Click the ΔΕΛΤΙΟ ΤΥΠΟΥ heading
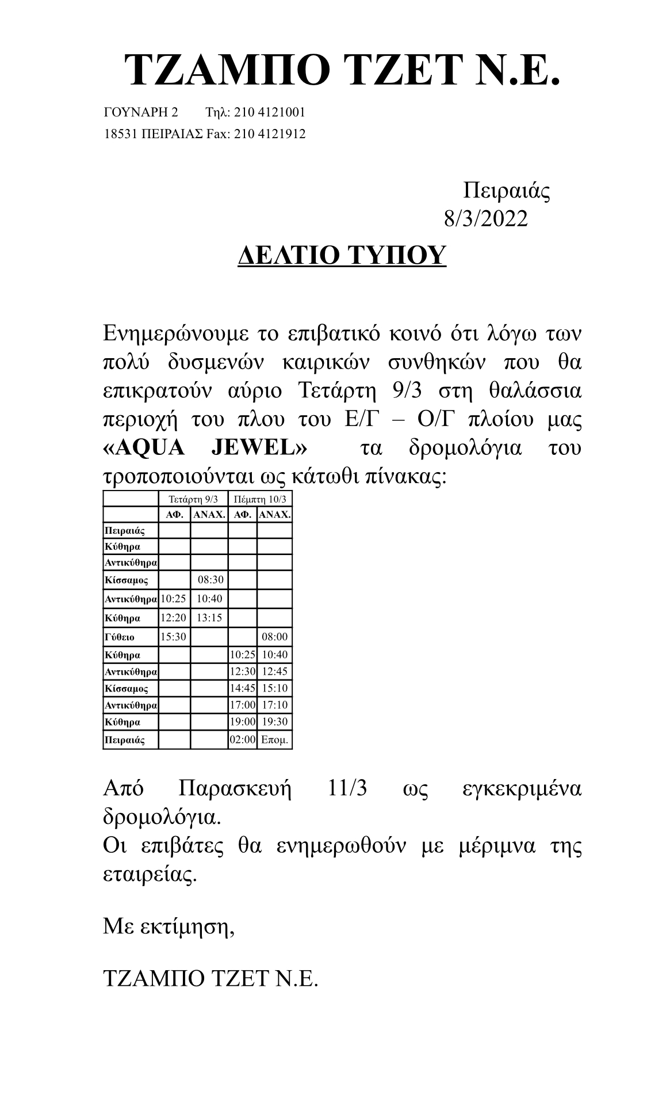[x=342, y=254]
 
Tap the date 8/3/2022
[x=485, y=219]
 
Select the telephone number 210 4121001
[x=270, y=112]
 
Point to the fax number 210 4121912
[x=270, y=134]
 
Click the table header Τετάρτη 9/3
[x=193, y=499]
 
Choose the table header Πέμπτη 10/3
[x=260, y=499]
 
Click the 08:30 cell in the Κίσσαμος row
[x=209, y=580]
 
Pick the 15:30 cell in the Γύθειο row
[x=173, y=637]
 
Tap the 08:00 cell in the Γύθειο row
[x=274, y=637]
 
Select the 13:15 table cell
[x=209, y=618]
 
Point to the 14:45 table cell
[x=242, y=688]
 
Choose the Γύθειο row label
[x=120, y=637]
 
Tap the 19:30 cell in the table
[x=274, y=721]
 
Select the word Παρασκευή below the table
[x=235, y=788]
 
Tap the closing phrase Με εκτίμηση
[x=168, y=927]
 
